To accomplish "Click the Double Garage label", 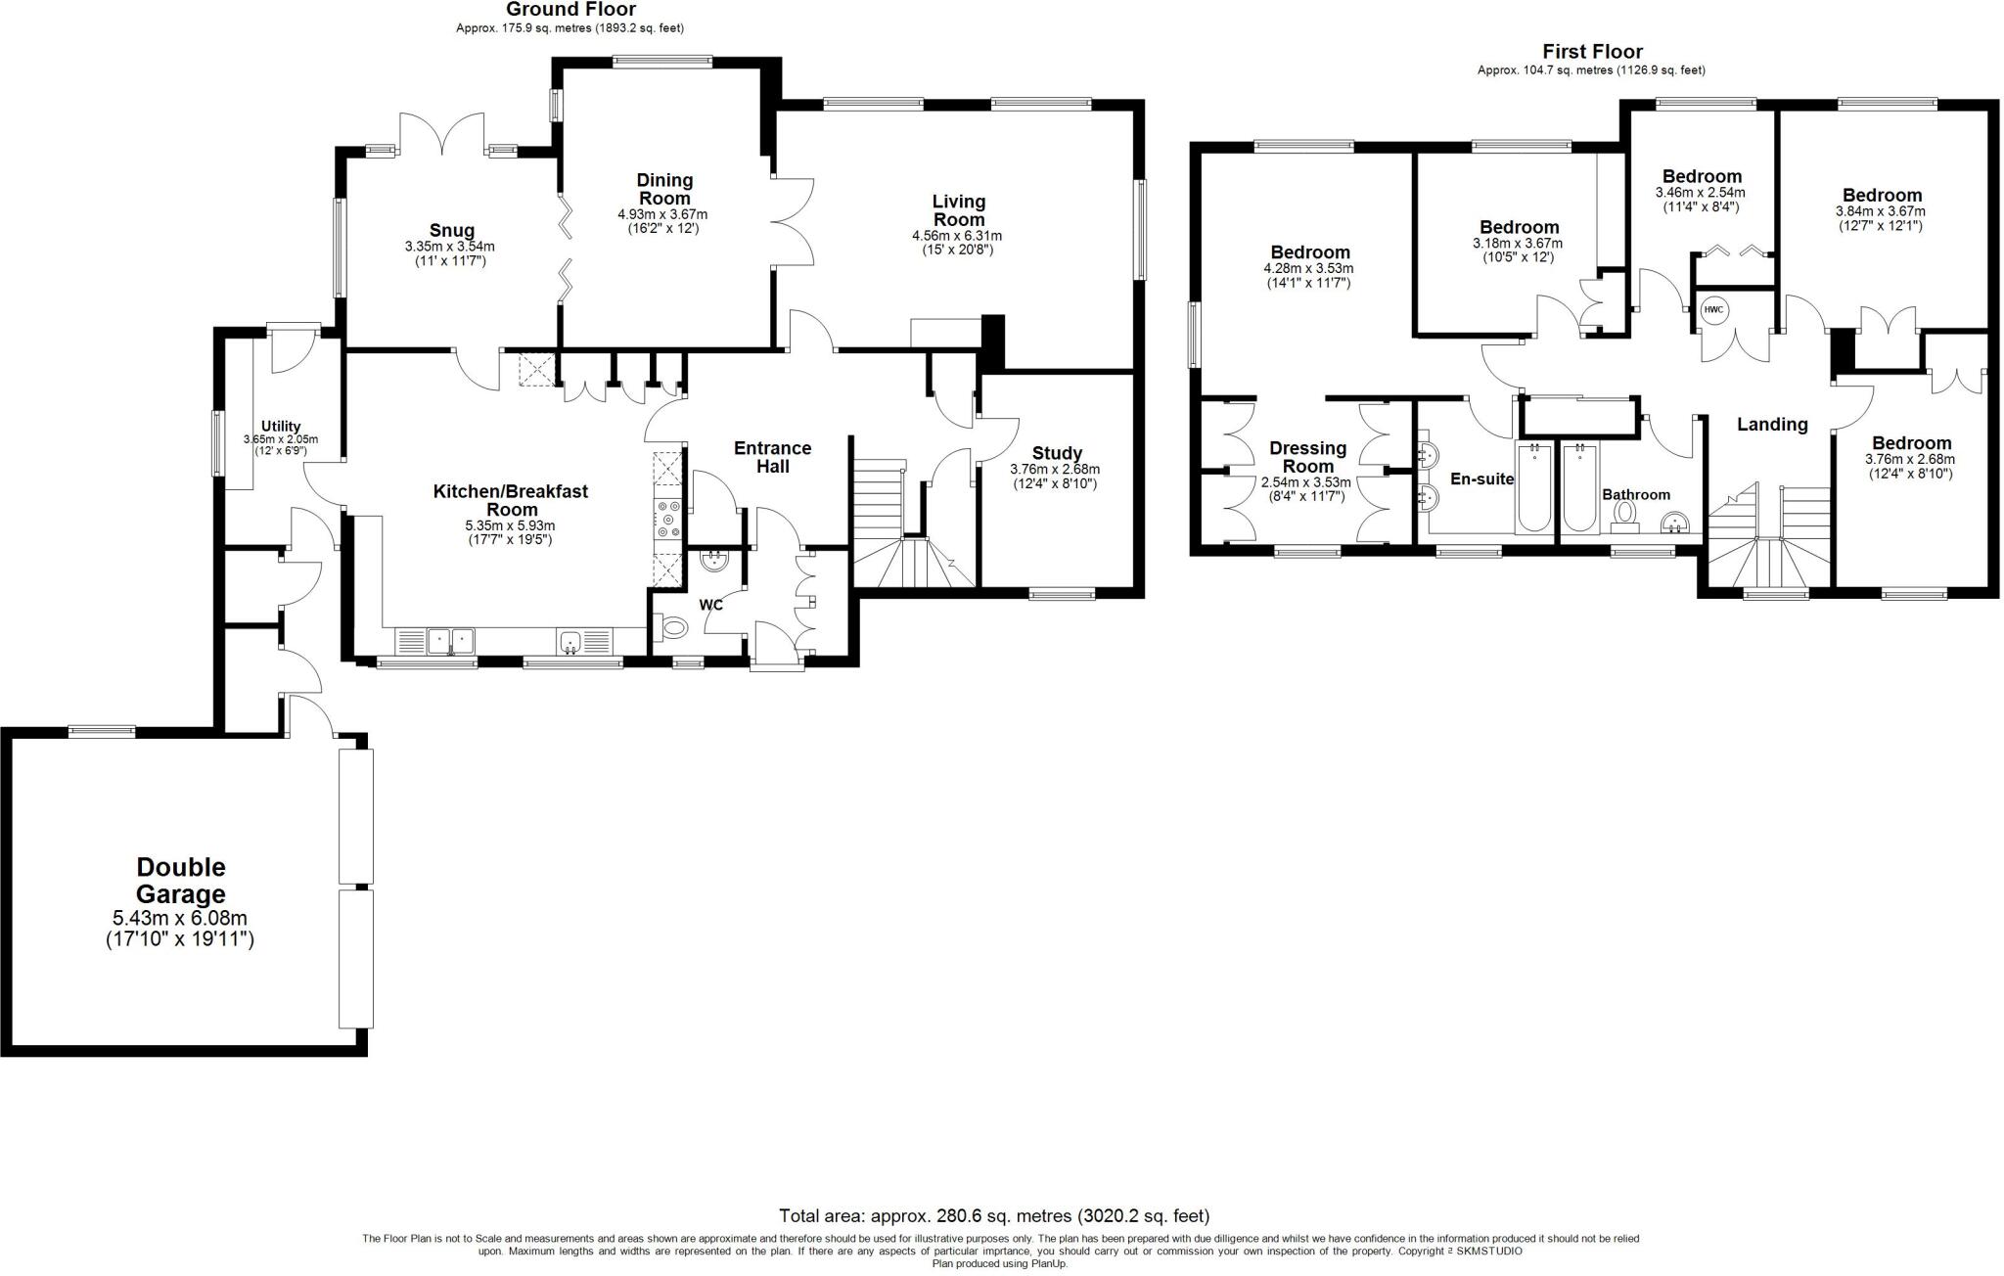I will [x=180, y=881].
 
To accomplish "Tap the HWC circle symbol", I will [x=1714, y=310].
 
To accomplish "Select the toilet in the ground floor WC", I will [x=675, y=626].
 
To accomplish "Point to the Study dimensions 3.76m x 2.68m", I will [x=1055, y=469].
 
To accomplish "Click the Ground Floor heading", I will [x=570, y=10].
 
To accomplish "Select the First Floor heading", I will [x=1592, y=51].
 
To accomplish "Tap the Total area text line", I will [x=994, y=1216].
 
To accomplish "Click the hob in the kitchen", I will [x=670, y=519].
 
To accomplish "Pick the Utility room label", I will [x=281, y=427].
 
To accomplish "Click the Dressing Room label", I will [x=1307, y=457].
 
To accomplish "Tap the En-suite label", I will [x=1481, y=479].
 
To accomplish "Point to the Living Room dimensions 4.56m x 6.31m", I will [x=956, y=236].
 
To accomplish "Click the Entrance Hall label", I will [x=772, y=457].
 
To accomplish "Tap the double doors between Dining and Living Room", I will [x=792, y=221].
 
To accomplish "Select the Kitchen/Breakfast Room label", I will [x=510, y=500].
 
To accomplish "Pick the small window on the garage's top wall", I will [x=102, y=730].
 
